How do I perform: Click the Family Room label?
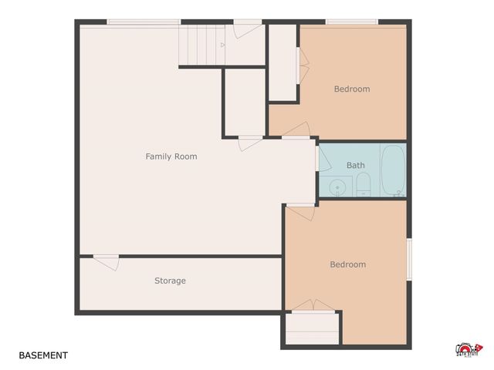(171, 156)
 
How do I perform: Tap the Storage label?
(170, 281)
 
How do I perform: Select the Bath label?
(356, 165)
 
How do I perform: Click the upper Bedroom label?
(351, 89)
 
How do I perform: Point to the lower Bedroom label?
(347, 264)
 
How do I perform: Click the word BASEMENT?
(43, 355)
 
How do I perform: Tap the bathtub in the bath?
(393, 169)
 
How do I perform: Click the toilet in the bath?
(364, 184)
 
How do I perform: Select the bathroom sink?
(337, 187)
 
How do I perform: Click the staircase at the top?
(198, 45)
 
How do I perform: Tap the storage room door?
(107, 261)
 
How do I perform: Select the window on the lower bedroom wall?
(409, 259)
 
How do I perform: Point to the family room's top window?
(144, 22)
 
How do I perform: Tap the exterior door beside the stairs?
(248, 29)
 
